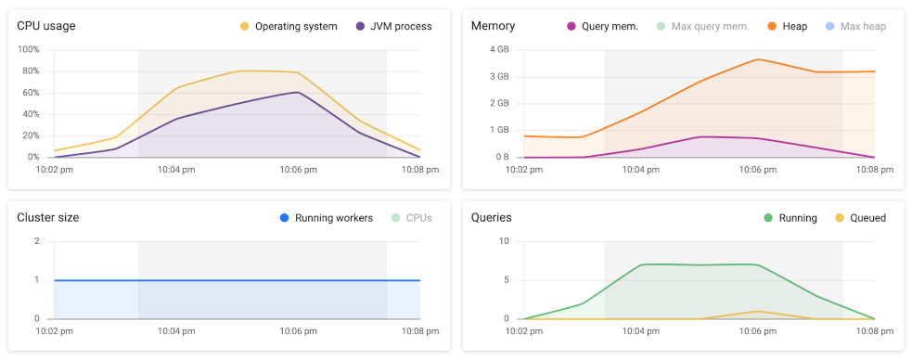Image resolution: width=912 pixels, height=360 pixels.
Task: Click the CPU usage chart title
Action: click(x=46, y=26)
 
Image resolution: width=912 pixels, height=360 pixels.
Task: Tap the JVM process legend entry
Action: click(x=393, y=26)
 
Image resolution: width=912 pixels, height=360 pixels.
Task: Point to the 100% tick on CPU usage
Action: click(x=28, y=49)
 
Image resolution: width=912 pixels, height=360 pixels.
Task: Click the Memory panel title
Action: click(x=493, y=26)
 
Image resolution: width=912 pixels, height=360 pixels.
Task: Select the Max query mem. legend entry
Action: click(x=701, y=26)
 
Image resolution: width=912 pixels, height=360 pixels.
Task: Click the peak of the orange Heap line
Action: click(x=758, y=59)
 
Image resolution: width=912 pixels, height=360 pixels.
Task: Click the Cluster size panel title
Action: click(x=48, y=217)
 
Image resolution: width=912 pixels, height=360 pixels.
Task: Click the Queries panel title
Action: click(x=492, y=217)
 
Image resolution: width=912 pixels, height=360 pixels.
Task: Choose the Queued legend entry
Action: click(x=867, y=218)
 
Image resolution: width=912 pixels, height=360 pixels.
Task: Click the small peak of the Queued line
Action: click(x=758, y=311)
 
